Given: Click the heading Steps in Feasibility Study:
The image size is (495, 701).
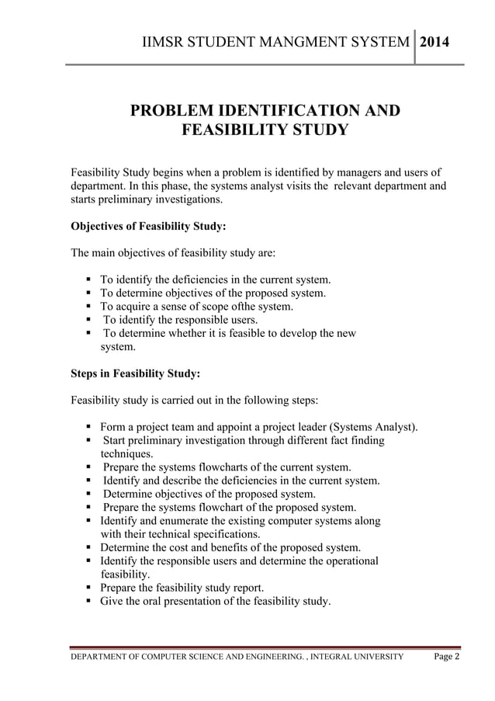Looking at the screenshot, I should (135, 373).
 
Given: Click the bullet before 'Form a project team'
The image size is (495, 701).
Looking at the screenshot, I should (90, 427).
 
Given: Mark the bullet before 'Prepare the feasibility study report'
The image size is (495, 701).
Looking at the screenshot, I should (90, 588).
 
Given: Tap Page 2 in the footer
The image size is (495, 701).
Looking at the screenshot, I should (446, 657).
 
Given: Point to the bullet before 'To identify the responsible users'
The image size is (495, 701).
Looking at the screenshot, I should (90, 319).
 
